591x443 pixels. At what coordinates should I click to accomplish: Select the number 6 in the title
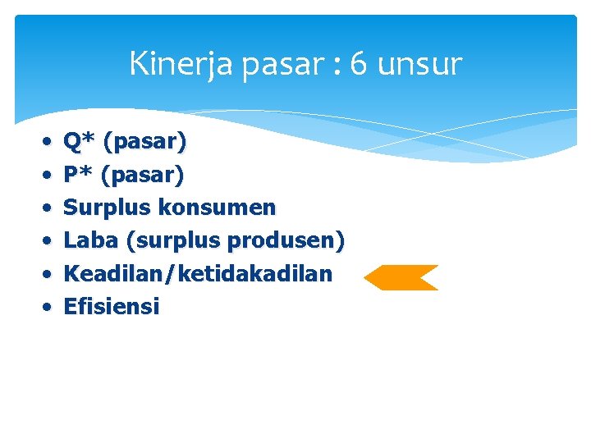[x=358, y=64]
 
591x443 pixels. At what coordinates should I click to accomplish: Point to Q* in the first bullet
[x=80, y=142]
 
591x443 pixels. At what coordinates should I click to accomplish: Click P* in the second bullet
[x=79, y=175]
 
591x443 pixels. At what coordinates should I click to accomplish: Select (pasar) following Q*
[x=144, y=142]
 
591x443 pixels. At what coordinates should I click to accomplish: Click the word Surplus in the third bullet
[x=107, y=208]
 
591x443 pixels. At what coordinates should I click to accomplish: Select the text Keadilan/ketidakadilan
[x=198, y=273]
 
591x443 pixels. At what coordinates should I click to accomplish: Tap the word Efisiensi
[x=112, y=307]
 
